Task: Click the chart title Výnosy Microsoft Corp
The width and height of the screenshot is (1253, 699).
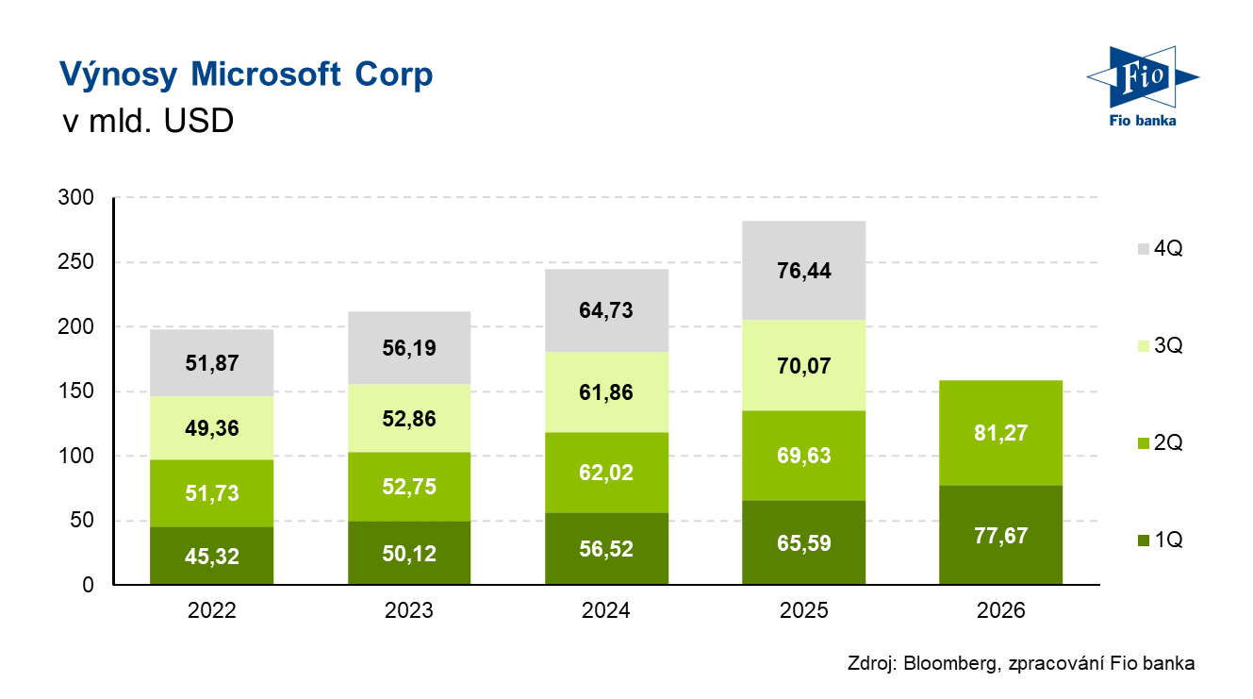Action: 246,75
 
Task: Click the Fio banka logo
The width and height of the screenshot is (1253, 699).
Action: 1142,84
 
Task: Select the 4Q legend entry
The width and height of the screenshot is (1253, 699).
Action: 1159,249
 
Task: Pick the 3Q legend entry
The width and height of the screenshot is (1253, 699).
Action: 1159,346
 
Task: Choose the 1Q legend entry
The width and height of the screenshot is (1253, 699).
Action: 1159,541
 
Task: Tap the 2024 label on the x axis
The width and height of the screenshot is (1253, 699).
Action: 606,610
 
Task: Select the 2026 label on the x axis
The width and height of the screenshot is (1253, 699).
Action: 1000,610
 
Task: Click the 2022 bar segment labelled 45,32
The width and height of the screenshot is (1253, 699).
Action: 211,557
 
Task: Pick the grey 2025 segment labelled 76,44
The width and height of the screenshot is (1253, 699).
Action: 804,271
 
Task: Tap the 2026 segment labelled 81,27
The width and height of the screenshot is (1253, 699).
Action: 1000,433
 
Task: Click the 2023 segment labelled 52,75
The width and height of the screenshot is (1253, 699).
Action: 408,486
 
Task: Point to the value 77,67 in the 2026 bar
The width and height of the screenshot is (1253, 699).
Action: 1000,535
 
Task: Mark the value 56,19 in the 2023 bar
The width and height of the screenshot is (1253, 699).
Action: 408,348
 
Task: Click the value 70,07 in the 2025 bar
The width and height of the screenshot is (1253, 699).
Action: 804,365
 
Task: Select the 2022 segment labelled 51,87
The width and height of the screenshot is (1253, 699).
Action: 211,363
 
